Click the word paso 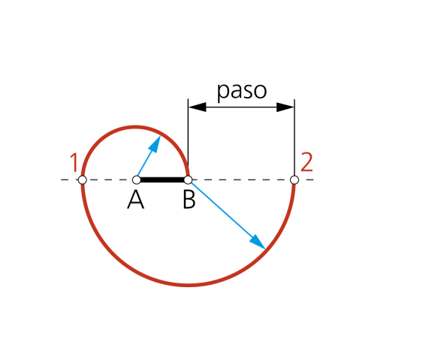pyautogui.click(x=242, y=91)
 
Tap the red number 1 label pyautogui.click(x=74, y=162)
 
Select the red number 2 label pyautogui.click(x=307, y=162)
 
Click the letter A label pyautogui.click(x=135, y=200)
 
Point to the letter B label pyautogui.click(x=189, y=200)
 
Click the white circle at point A pyautogui.click(x=137, y=180)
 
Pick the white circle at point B pyautogui.click(x=188, y=180)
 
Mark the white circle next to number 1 pyautogui.click(x=82, y=180)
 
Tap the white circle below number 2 pyautogui.click(x=295, y=180)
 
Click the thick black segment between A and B pyautogui.click(x=162, y=180)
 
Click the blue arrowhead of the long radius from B pyautogui.click(x=258, y=242)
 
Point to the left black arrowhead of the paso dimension pyautogui.click(x=197, y=107)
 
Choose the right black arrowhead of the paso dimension pyautogui.click(x=285, y=107)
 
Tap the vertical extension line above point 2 pyautogui.click(x=295, y=138)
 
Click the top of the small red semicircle pyautogui.click(x=135, y=127)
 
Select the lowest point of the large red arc pyautogui.click(x=188, y=286)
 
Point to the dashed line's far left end pyautogui.click(x=61, y=180)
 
